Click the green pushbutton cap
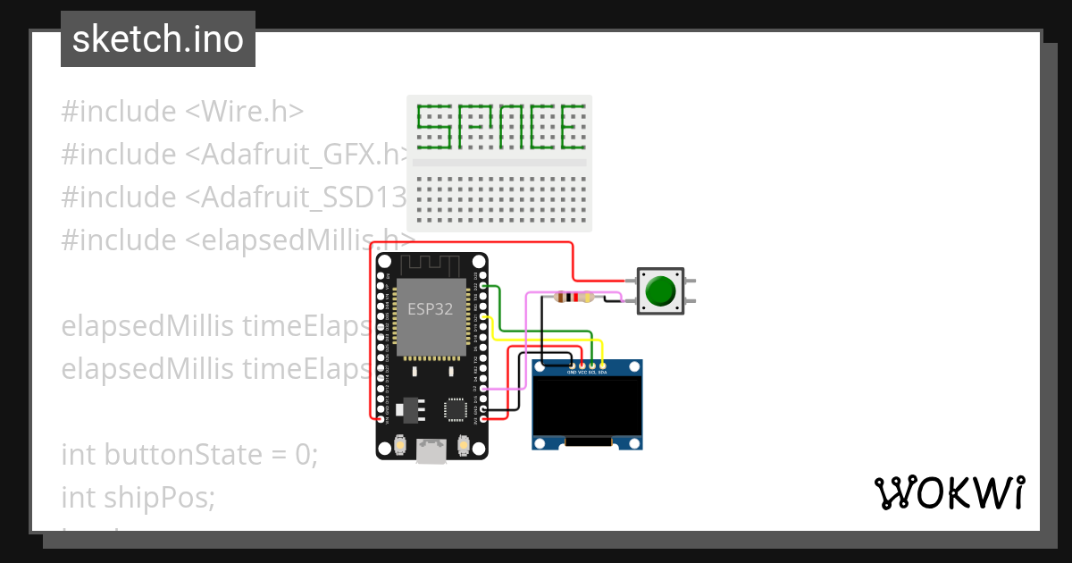pos(660,291)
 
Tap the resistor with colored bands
pos(574,298)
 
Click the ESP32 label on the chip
pos(430,309)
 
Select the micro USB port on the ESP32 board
pos(432,451)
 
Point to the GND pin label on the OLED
pos(572,372)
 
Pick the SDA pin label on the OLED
pos(603,372)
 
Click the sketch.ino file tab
pos(158,39)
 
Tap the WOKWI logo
pos(949,493)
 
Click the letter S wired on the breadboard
pos(433,126)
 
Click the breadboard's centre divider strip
pos(498,163)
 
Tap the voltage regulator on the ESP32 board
pos(406,409)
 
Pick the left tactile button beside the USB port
pos(401,444)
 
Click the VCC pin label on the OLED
pos(582,372)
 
